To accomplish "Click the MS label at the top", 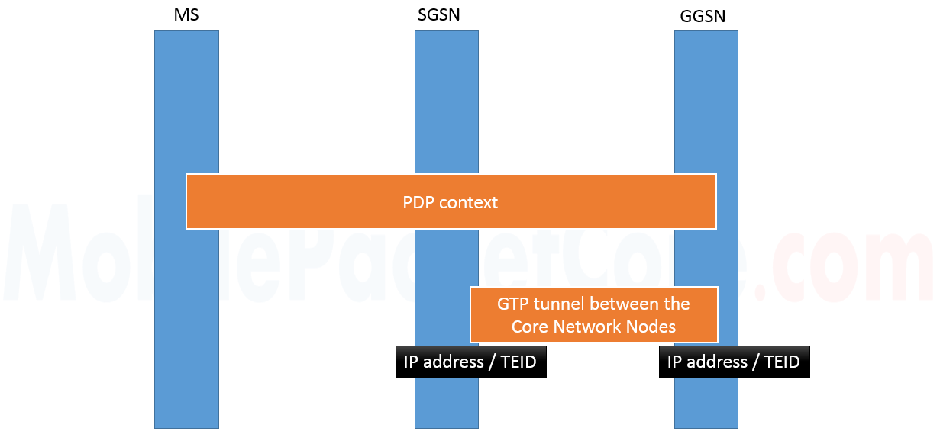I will (186, 14).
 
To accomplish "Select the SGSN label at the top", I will (439, 14).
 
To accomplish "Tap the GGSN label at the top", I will (703, 16).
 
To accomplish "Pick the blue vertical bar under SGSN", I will (447, 99).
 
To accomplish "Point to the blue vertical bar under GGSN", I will (706, 99).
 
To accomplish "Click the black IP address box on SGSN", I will (470, 362).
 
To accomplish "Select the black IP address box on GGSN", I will (734, 362).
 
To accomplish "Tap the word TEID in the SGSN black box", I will (518, 362).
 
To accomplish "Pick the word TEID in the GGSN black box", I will (782, 362).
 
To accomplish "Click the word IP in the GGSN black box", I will (674, 362).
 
